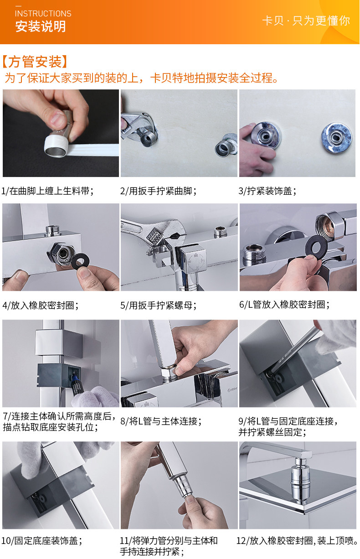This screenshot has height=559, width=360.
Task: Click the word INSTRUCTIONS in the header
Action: coord(43,14)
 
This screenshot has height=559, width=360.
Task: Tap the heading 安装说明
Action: coord(41,26)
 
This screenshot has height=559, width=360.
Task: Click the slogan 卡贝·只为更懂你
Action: coord(306,21)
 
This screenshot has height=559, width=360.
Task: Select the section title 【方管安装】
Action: coord(35,62)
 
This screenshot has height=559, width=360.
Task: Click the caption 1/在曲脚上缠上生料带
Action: coord(47,191)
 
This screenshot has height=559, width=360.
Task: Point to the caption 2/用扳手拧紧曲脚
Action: coord(158,191)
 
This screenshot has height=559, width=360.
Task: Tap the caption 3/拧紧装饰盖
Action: coord(267,191)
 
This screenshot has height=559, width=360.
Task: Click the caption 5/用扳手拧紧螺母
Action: coord(158,305)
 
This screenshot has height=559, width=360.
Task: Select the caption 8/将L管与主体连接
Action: coord(161,421)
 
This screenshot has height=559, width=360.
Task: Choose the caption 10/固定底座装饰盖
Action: coord(41,540)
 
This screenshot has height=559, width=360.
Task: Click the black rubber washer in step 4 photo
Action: coord(80,261)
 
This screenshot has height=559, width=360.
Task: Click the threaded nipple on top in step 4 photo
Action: coord(53,230)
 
